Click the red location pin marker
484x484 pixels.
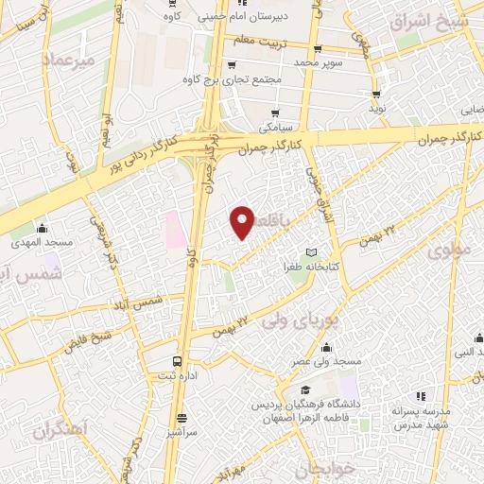pyautogui.click(x=243, y=221)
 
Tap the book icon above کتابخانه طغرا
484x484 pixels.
pyautogui.click(x=312, y=253)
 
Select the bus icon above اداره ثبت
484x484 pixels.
pyautogui.click(x=177, y=361)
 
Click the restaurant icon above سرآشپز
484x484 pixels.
pyautogui.click(x=183, y=417)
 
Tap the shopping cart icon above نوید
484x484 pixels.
pyautogui.click(x=377, y=95)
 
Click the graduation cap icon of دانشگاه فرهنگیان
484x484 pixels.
pyautogui.click(x=305, y=389)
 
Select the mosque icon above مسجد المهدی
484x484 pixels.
pyautogui.click(x=41, y=228)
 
